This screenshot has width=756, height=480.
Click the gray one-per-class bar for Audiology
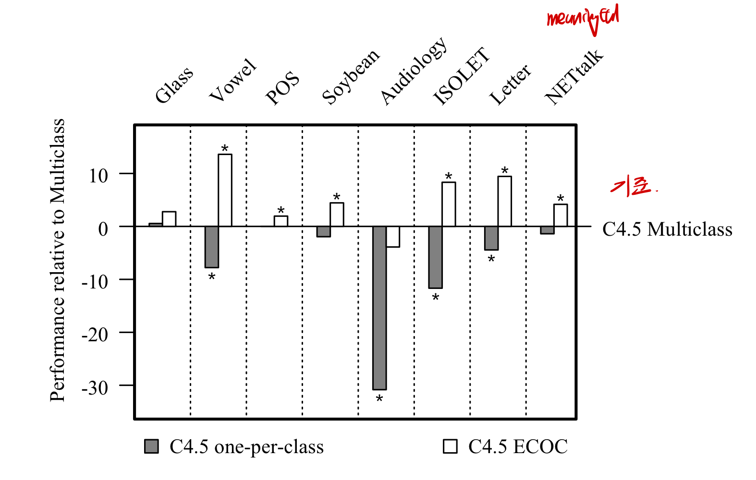[x=379, y=308]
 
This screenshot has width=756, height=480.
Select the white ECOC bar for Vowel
[x=225, y=190]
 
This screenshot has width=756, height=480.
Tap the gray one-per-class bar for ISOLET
[x=435, y=257]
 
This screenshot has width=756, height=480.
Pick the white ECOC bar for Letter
[x=504, y=201]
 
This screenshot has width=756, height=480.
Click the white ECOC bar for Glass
[x=169, y=219]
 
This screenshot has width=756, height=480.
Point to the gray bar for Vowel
[x=212, y=247]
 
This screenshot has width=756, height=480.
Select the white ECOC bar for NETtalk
[x=560, y=215]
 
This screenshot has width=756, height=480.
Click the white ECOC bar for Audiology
[x=393, y=237]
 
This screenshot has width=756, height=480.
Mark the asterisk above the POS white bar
[x=280, y=211]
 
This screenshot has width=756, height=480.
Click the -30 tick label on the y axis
[x=95, y=387]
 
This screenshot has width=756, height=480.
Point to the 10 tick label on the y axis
[x=98, y=175]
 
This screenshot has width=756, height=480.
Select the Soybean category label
[x=350, y=77]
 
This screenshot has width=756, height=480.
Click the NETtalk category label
[x=573, y=77]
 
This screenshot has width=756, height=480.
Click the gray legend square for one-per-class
[x=151, y=446]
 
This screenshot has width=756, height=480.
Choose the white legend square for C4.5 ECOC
[x=450, y=446]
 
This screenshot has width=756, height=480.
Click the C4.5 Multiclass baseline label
[x=667, y=229]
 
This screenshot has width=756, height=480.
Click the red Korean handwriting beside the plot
[x=632, y=186]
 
